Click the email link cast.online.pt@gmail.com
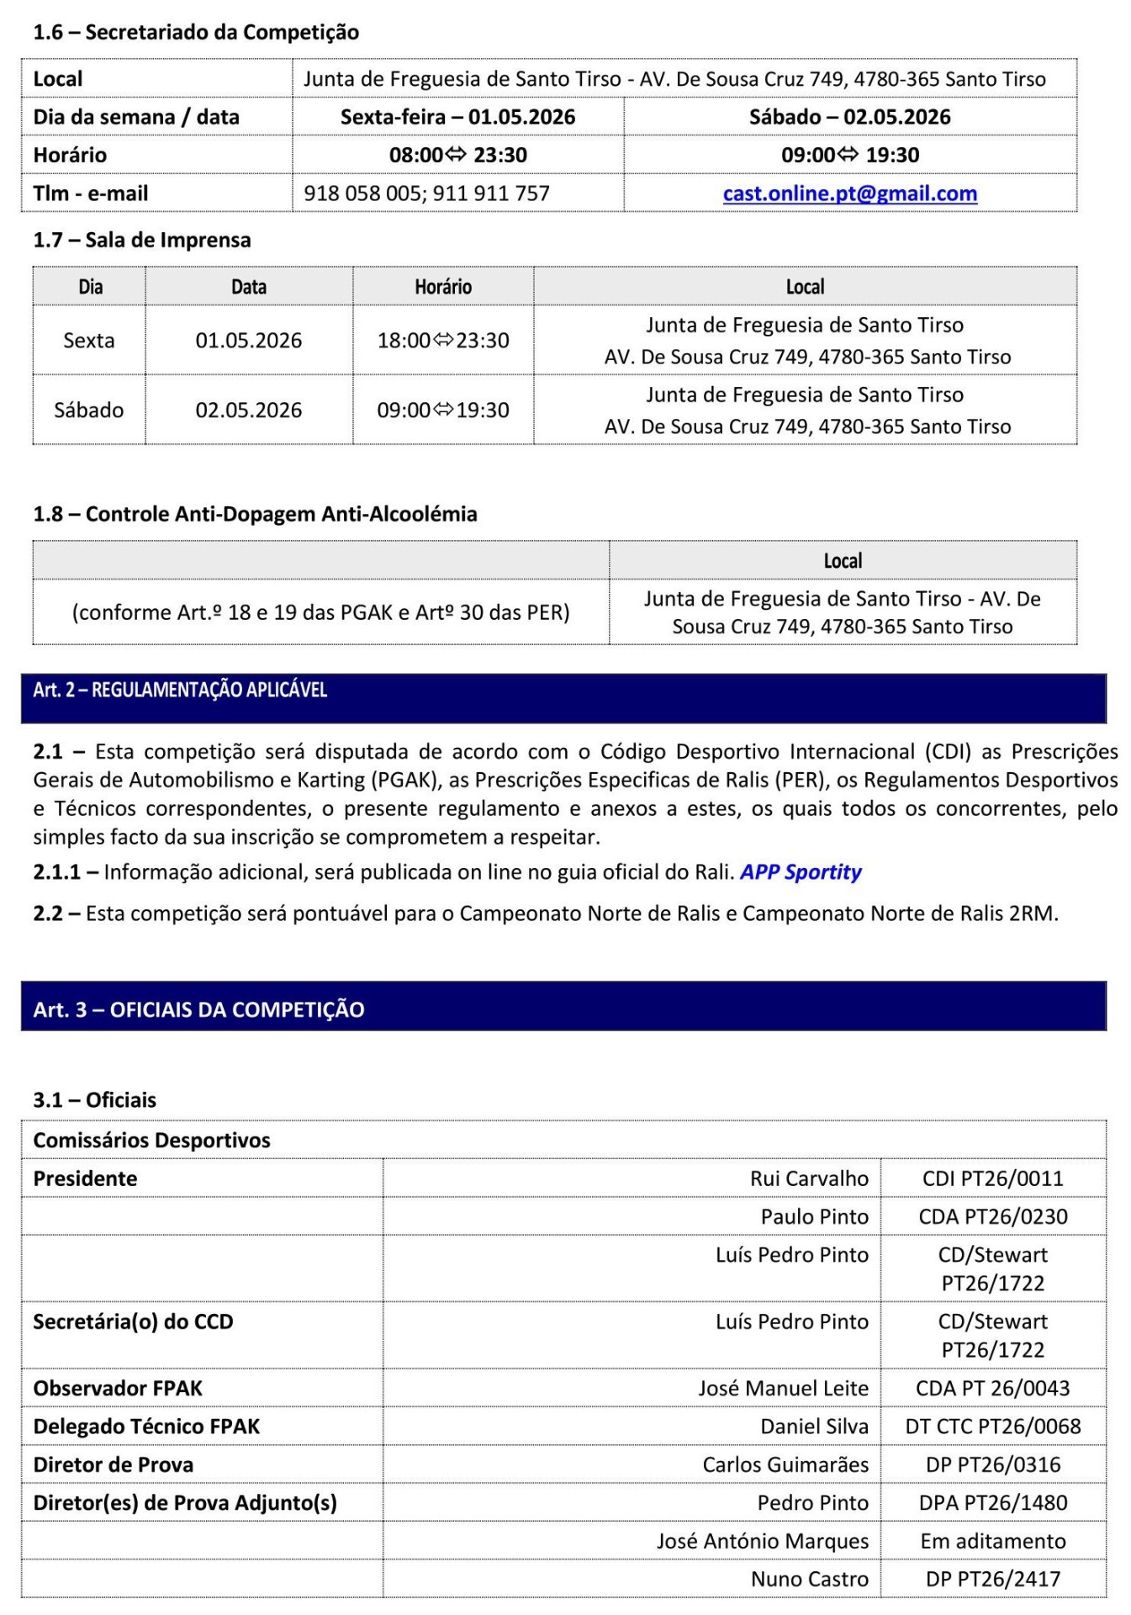click(849, 193)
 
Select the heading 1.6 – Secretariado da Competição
click(196, 32)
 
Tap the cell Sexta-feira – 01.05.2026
click(457, 117)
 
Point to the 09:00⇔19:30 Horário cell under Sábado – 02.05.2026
click(849, 155)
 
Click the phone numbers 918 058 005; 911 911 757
click(426, 193)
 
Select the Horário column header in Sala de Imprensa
click(443, 287)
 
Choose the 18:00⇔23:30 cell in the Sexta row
click(443, 341)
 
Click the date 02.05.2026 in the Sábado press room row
click(249, 410)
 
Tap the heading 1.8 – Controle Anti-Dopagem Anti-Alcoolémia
click(255, 514)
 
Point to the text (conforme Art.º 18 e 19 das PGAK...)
click(320, 612)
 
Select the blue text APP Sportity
click(801, 872)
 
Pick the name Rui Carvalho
click(809, 1178)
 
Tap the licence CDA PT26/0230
click(992, 1216)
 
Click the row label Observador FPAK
click(118, 1389)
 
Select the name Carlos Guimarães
click(785, 1464)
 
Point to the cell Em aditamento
click(992, 1541)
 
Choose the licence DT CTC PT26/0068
click(992, 1427)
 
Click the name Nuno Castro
click(809, 1579)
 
